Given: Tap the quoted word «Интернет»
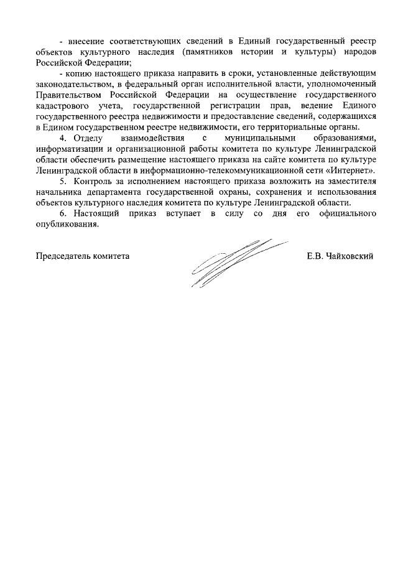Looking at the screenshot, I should [x=351, y=170].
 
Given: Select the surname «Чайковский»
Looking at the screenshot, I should [x=348, y=256].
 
